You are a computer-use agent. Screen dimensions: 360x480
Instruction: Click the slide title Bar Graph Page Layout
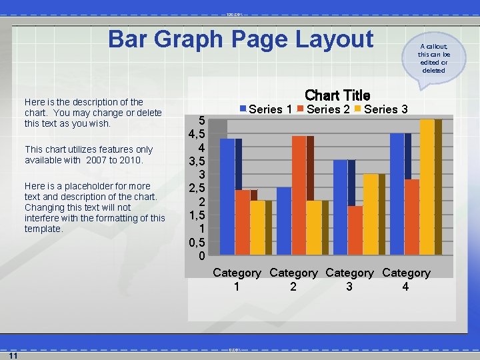pos(241,39)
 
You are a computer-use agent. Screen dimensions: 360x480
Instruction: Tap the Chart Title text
pos(337,96)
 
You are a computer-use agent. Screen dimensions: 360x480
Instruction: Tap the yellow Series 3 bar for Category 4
pos(427,187)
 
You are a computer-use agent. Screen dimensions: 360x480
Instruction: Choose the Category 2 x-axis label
pos(293,279)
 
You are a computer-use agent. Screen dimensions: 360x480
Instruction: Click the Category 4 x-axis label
pos(406,279)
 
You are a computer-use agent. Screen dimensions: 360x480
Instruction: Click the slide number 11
pos(13,355)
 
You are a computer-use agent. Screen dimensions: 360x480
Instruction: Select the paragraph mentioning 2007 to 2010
pos(89,155)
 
